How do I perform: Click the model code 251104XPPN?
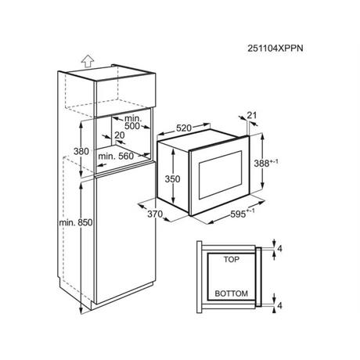(x=275, y=49)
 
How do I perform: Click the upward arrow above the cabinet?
(x=87, y=62)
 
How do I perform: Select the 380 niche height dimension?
(x=81, y=151)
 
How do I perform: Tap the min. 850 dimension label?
(x=76, y=222)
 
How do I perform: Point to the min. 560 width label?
(x=116, y=157)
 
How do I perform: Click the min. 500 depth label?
(x=132, y=122)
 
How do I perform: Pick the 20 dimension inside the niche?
(x=120, y=135)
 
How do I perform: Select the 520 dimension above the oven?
(x=184, y=128)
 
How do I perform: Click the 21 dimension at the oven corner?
(x=252, y=115)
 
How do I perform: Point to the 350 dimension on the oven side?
(x=172, y=179)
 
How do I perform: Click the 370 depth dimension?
(x=155, y=214)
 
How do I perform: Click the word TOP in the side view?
(x=232, y=259)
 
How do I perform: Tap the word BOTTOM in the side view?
(x=232, y=293)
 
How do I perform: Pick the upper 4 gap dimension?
(x=279, y=249)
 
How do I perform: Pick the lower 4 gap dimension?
(x=279, y=305)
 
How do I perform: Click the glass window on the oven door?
(x=220, y=175)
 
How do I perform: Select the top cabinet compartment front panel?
(x=126, y=95)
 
